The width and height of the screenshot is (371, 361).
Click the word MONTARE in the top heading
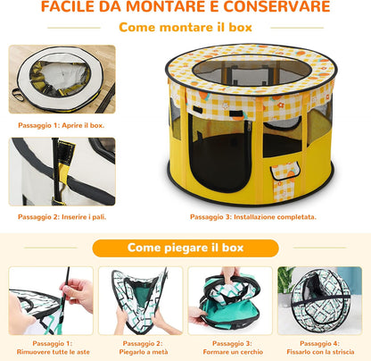165,6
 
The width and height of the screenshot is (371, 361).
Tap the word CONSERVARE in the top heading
276,6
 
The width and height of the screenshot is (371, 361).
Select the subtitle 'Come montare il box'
185,28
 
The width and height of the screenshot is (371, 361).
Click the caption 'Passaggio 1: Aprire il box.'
62,125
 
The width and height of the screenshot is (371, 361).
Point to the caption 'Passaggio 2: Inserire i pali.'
62,217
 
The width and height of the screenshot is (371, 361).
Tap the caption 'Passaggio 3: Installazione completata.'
253,217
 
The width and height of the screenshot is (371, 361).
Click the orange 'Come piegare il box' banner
185,248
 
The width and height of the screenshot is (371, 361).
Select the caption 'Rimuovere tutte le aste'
54,352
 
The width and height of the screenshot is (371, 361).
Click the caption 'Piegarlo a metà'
144,352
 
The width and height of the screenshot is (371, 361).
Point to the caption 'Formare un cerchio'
233,352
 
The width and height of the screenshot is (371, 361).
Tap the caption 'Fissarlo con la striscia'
320,352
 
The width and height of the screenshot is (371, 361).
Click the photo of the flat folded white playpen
62,80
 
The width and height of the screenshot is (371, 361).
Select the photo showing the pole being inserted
62,172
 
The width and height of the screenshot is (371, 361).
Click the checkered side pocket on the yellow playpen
284,181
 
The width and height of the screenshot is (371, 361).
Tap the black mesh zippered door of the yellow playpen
220,154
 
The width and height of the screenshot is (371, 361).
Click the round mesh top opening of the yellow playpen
251,71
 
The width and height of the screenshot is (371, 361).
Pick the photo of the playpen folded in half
140,300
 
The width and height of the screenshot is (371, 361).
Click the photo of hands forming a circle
230,300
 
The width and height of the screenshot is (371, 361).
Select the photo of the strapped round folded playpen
319,300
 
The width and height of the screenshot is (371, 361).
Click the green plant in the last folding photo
285,280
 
